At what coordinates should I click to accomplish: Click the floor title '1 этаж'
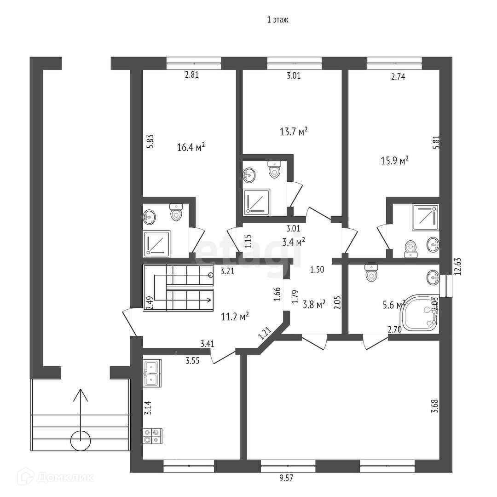click(x=277, y=20)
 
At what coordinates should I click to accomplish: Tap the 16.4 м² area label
click(x=191, y=147)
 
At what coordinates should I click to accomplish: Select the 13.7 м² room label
click(x=294, y=131)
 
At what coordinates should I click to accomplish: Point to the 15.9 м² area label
click(x=394, y=161)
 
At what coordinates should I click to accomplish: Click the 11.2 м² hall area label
click(x=235, y=316)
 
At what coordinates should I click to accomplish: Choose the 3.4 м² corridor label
click(x=294, y=243)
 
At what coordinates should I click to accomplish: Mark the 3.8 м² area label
click(x=314, y=305)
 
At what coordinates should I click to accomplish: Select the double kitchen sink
click(x=152, y=373)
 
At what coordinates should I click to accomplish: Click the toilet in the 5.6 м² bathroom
click(x=371, y=273)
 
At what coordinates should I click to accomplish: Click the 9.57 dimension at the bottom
click(x=286, y=478)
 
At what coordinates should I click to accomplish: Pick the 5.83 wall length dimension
click(x=150, y=141)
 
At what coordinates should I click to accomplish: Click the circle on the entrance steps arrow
click(x=81, y=440)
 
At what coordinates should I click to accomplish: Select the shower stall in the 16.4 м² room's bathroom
click(x=156, y=243)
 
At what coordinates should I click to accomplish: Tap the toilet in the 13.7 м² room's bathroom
click(x=274, y=168)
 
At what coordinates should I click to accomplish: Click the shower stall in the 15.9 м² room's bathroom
click(x=425, y=217)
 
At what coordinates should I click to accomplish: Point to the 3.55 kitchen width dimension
click(x=192, y=361)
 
